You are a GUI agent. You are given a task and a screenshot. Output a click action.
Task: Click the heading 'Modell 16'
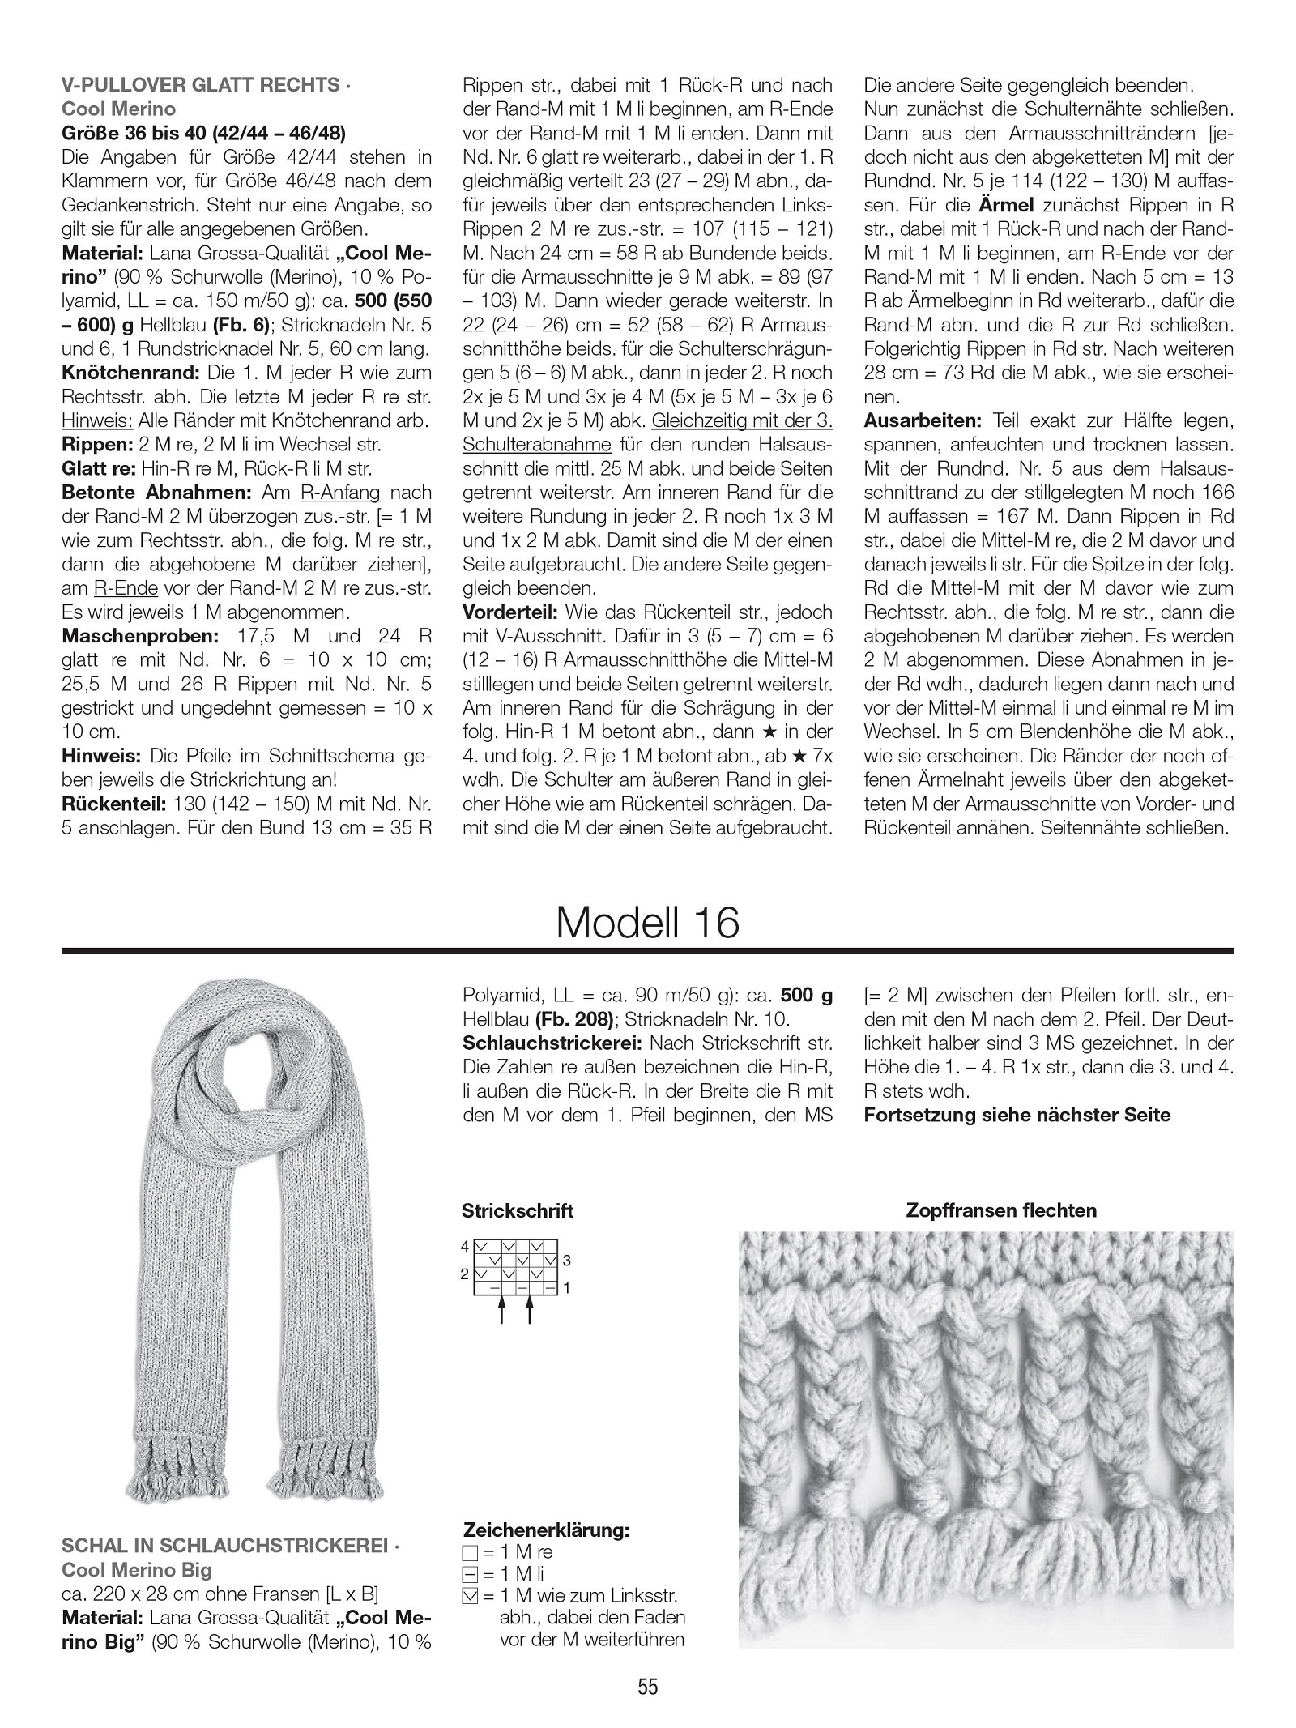647,922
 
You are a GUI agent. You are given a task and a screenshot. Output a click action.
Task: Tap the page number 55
648,1687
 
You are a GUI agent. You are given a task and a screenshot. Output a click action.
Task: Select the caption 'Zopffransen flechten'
1000,1210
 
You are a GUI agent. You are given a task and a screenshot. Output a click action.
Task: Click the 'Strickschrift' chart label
518,1210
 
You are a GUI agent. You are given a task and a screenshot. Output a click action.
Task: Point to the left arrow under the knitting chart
502,1309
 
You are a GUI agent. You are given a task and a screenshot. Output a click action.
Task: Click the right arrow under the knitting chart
529,1309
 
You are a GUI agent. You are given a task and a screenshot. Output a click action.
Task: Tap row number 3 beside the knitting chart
567,1261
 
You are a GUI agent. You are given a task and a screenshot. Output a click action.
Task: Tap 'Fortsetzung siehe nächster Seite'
1017,1115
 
